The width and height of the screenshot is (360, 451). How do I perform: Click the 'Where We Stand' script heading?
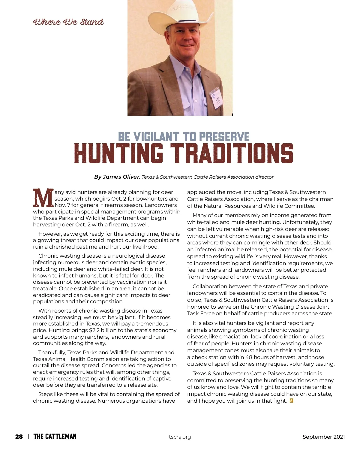coord(68,22)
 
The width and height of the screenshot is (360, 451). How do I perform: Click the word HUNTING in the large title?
coord(118,153)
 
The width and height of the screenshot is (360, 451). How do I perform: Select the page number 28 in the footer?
coord(19,437)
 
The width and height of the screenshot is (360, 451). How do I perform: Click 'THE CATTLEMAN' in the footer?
coord(55,436)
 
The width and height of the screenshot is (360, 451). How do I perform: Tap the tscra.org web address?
coord(180,437)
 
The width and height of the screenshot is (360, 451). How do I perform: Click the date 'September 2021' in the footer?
coord(323,437)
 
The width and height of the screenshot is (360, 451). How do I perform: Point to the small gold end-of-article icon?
coord(291,401)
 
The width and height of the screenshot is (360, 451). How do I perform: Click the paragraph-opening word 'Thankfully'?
coord(52,353)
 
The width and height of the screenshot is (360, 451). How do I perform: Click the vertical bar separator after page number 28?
coord(28,437)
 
